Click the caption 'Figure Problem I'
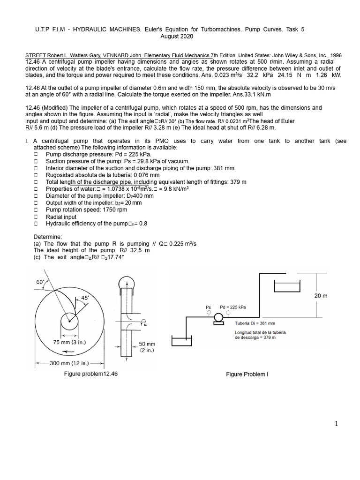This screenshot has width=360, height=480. pyautogui.click(x=247, y=374)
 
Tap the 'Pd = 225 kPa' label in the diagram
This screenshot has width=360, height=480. pyautogui.click(x=232, y=307)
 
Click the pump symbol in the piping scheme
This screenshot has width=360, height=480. pyautogui.click(x=218, y=318)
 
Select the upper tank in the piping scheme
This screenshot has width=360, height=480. pyautogui.click(x=287, y=287)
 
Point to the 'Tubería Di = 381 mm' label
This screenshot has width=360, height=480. pyautogui.click(x=255, y=323)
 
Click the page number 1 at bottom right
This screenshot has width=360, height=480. pyautogui.click(x=336, y=424)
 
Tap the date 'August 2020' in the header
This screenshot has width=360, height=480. pyautogui.click(x=176, y=36)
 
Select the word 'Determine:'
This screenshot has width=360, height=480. pyautogui.click(x=47, y=237)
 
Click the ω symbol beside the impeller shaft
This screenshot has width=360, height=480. pyautogui.click(x=145, y=323)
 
